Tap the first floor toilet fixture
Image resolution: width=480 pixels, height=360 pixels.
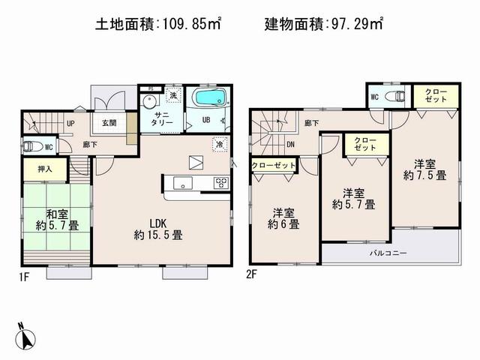point(31,146)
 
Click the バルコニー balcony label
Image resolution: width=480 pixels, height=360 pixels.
point(388,253)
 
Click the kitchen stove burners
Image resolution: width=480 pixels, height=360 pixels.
point(220,181)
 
